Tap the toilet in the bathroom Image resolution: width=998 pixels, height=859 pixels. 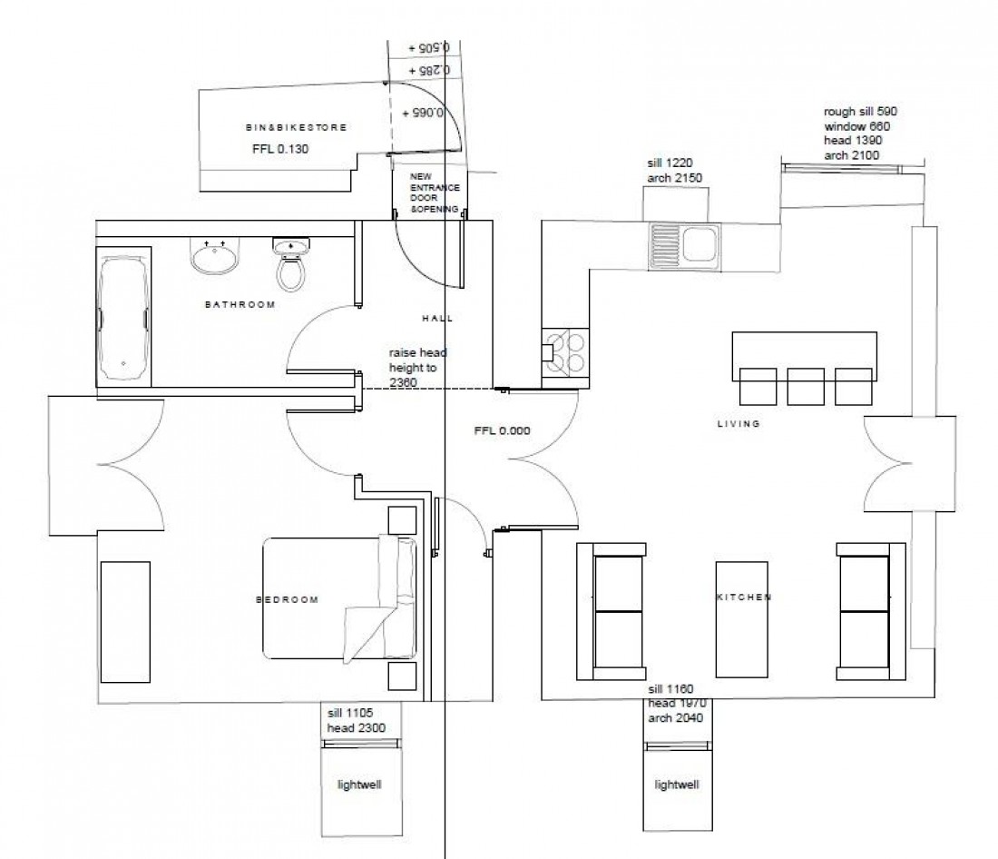click(290, 265)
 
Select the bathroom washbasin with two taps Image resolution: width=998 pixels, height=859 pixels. click(216, 256)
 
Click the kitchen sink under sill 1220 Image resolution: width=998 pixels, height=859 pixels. click(684, 246)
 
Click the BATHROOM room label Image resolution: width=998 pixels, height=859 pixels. click(240, 305)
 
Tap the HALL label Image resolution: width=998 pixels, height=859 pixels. click(437, 319)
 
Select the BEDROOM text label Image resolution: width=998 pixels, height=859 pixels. click(287, 599)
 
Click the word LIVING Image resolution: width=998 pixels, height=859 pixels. click(739, 423)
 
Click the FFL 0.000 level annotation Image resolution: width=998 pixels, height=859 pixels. click(502, 431)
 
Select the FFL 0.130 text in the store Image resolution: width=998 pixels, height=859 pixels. click(280, 149)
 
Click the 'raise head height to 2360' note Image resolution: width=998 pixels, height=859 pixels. click(418, 368)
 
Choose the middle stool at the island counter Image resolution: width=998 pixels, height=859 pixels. click(805, 386)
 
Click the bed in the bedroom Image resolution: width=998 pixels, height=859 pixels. click(340, 599)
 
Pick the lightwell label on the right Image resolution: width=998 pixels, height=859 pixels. click(677, 785)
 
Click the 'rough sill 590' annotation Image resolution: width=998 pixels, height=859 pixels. click(861, 112)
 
